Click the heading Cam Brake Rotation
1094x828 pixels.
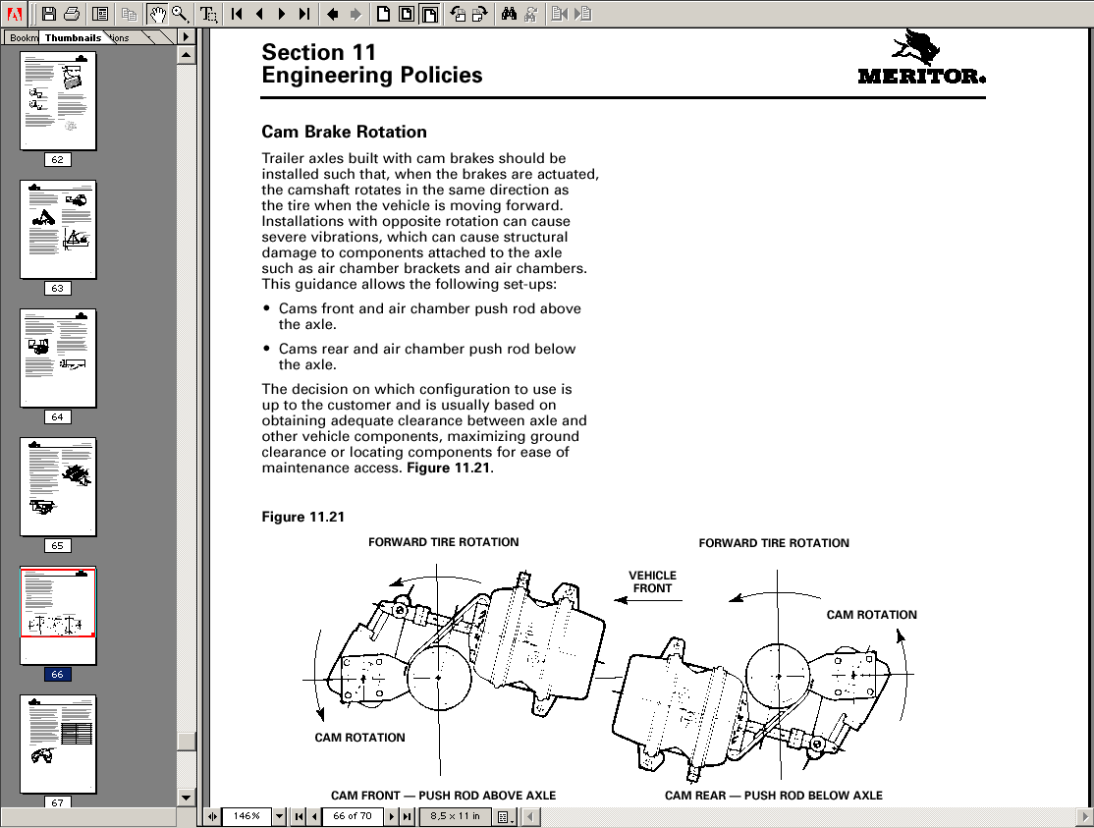tap(344, 132)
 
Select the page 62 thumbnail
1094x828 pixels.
tap(58, 100)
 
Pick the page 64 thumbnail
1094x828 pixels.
tap(58, 358)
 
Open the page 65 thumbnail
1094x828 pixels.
tap(58, 486)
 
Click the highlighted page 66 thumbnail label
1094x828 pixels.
tap(57, 675)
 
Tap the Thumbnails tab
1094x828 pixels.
tap(73, 37)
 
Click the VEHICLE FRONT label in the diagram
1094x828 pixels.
tap(652, 581)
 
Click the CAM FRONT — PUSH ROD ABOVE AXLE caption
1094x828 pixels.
tap(443, 796)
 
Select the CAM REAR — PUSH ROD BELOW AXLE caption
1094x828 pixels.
tap(773, 796)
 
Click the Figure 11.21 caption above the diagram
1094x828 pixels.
tap(302, 517)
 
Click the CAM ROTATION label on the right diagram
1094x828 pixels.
tap(871, 615)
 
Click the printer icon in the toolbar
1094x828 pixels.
tap(72, 14)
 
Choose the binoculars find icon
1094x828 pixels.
tap(509, 14)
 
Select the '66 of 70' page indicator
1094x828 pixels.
tap(352, 816)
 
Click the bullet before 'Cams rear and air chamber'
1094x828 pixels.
tap(267, 349)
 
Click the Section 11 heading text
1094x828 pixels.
tap(318, 52)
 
